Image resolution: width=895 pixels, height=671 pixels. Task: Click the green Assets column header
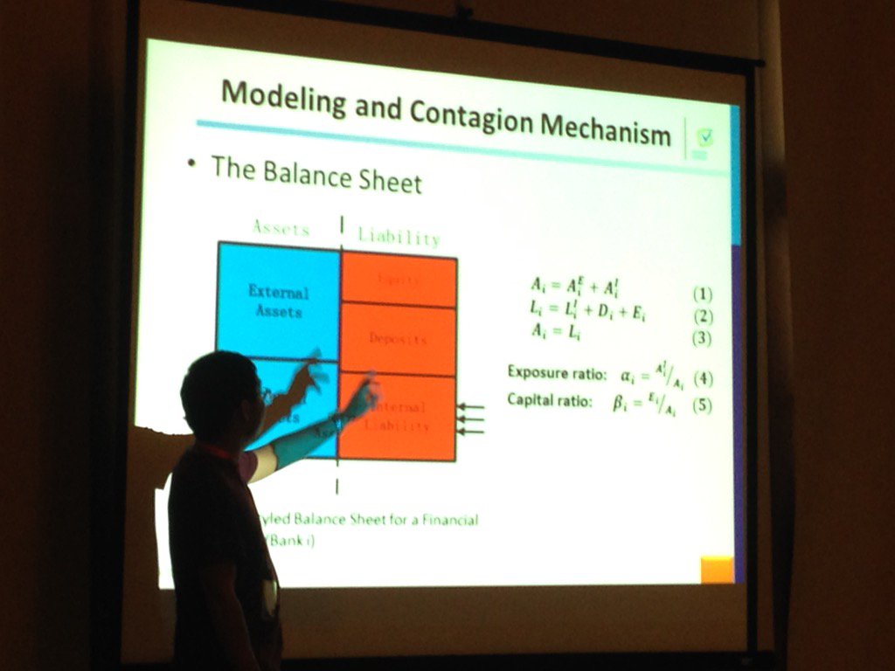(281, 229)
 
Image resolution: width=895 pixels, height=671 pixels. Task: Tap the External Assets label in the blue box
(279, 301)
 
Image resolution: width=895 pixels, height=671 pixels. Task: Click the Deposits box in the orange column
(398, 339)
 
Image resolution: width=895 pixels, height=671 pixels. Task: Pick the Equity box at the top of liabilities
(399, 280)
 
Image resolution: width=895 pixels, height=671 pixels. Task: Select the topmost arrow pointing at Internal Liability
(471, 406)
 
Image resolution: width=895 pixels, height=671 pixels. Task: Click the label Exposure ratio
(557, 373)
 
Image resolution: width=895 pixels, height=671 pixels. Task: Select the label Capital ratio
(550, 401)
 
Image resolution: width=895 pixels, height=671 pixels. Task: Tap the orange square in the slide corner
(718, 569)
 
